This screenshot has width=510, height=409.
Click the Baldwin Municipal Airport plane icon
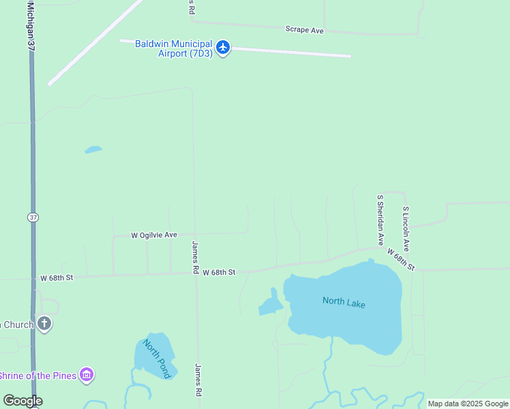223,47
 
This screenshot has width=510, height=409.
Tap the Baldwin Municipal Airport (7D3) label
174,48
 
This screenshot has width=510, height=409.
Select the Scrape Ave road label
304,30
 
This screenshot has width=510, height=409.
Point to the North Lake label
344,302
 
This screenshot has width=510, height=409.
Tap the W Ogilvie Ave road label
154,234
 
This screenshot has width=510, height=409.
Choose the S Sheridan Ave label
381,219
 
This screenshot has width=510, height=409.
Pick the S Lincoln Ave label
406,229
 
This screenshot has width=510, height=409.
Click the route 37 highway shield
33,217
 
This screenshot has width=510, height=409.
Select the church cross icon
44,324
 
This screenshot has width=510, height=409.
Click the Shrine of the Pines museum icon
87,375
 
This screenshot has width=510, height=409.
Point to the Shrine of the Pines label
38,376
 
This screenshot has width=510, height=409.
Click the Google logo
22,401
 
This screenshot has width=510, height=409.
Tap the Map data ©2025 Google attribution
468,404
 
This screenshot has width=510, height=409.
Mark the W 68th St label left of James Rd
56,278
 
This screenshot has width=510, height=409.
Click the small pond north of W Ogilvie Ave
93,149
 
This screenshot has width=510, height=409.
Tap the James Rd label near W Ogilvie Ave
195,257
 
